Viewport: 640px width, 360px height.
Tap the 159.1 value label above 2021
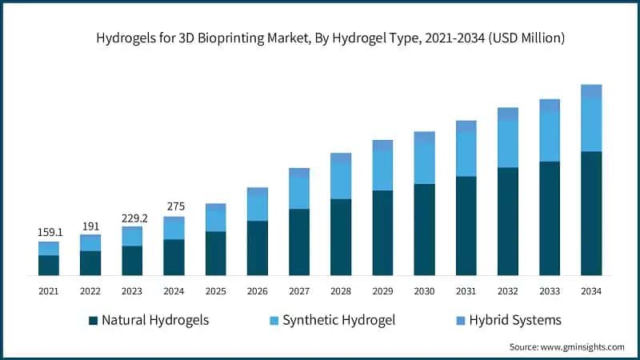coord(49,232)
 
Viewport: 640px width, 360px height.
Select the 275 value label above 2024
coord(174,206)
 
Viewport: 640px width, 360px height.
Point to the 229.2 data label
coord(132,217)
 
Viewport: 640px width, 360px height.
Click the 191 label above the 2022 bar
coord(90,226)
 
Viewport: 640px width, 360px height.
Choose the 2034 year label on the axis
coord(591,291)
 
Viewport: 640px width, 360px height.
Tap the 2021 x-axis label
coord(49,291)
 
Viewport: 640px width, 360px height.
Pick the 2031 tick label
coord(466,291)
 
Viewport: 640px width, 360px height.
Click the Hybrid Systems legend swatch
coord(461,321)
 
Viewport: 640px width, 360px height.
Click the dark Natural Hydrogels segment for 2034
coord(591,214)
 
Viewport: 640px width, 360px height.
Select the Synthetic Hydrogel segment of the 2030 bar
coord(424,164)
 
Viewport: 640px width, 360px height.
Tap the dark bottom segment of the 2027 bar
coord(299,242)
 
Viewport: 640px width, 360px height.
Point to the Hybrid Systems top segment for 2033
coord(550,106)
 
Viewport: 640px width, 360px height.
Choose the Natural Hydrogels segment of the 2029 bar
coord(382,233)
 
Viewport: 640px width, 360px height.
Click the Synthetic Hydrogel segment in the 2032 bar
coord(508,144)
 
